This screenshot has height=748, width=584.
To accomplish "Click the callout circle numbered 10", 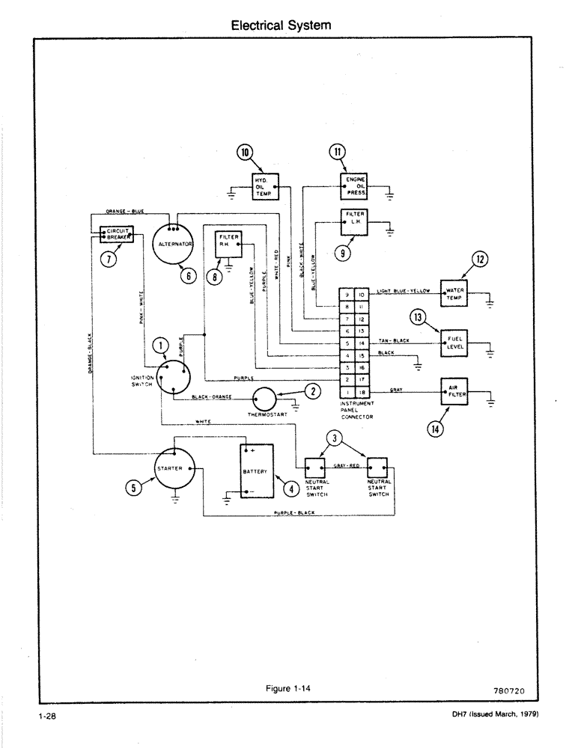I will click(x=245, y=153).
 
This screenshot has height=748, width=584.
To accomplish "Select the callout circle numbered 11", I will click(x=338, y=153).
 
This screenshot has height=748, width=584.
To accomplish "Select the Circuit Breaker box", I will click(x=116, y=235).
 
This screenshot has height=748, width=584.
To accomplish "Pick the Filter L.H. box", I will click(x=354, y=220).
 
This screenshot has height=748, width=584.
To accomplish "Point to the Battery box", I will click(x=256, y=471).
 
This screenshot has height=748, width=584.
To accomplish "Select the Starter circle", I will click(x=174, y=468).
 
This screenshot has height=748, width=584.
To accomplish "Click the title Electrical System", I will click(x=281, y=25).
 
